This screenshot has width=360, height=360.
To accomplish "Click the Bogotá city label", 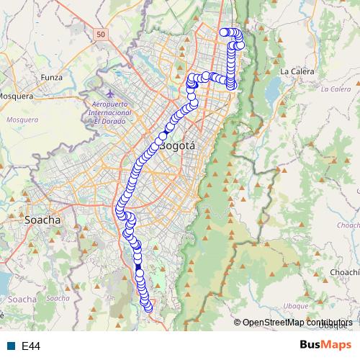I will (x=177, y=145).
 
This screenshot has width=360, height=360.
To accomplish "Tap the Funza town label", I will (x=52, y=77).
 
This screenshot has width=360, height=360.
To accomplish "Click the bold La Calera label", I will (x=294, y=71).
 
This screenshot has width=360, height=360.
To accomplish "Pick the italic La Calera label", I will (x=335, y=89).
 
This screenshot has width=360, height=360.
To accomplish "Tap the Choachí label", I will (x=344, y=273).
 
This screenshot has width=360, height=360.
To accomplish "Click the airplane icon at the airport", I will (x=109, y=94).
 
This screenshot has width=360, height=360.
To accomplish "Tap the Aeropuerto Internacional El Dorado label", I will (x=110, y=112).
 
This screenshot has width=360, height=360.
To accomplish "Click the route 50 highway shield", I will (x=100, y=34).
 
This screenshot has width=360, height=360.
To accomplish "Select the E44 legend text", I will (x=31, y=346).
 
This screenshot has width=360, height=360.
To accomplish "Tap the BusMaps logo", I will (x=325, y=346).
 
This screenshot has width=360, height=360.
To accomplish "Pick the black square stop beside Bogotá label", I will (x=163, y=135).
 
